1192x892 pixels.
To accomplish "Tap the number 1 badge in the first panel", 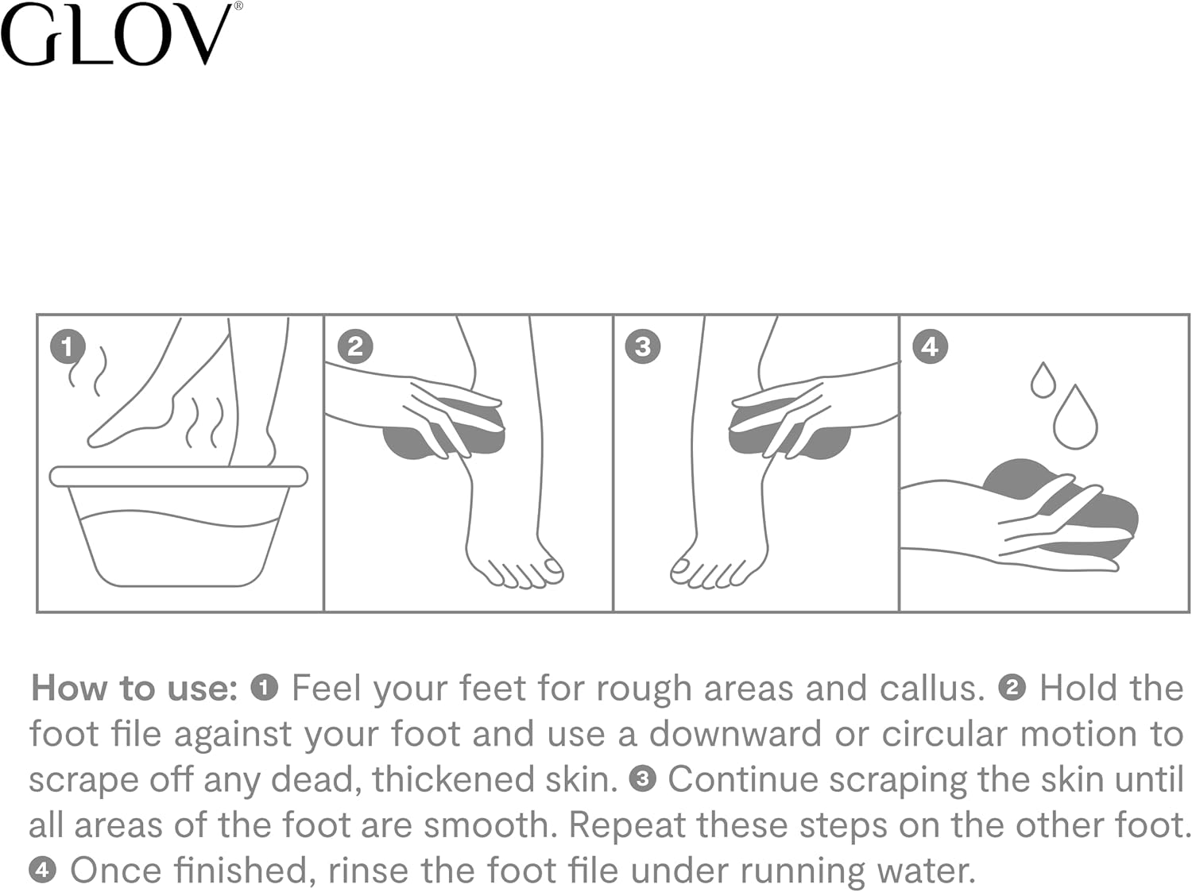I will click(x=67, y=347).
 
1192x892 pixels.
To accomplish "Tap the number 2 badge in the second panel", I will click(x=355, y=347).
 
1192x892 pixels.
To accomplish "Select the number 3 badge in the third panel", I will click(x=643, y=347).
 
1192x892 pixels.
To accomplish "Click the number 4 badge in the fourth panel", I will click(x=930, y=347).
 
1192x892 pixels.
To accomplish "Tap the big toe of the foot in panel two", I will click(x=551, y=567).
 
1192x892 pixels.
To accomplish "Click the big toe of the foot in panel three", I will click(x=682, y=567).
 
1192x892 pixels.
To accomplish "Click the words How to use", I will click(x=134, y=688).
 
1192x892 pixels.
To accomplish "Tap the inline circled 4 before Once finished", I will click(x=42, y=871).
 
